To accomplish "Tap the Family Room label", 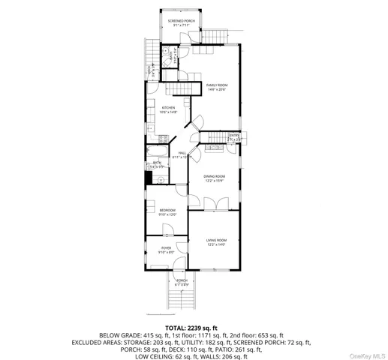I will pyautogui.click(x=217, y=85).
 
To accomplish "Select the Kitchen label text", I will pyautogui.click(x=169, y=108).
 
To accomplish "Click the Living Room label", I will pyautogui.click(x=216, y=240).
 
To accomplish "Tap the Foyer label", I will pyautogui.click(x=166, y=247).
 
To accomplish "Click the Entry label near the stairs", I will pyautogui.click(x=235, y=136).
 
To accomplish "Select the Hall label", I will pyautogui.click(x=177, y=154).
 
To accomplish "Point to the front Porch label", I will pyautogui.click(x=182, y=281).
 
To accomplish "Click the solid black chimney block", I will pyautogui.click(x=149, y=178).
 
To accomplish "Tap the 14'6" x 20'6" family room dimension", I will pyautogui.click(x=217, y=90).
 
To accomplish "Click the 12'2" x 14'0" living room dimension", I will pyautogui.click(x=216, y=244).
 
